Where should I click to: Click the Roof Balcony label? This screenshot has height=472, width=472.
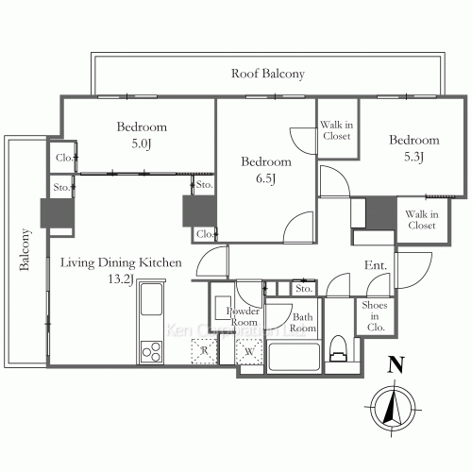[x=268, y=74]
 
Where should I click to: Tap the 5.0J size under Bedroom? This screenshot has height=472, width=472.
[x=142, y=144]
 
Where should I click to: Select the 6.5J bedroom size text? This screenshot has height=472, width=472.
[x=266, y=178]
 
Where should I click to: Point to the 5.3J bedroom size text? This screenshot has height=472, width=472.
[x=413, y=157]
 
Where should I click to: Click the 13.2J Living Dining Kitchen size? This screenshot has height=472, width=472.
[x=121, y=278]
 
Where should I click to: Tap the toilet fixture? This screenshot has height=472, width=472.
[x=338, y=348]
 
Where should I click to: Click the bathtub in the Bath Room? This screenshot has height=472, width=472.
[x=294, y=358]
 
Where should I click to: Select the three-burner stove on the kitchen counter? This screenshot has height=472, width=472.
[x=151, y=352]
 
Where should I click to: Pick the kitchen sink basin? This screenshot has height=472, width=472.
[x=151, y=299]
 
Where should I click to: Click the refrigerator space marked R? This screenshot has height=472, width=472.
[x=204, y=351]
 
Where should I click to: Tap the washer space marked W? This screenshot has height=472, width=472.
[x=249, y=351]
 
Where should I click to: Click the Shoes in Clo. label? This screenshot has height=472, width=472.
[x=375, y=316]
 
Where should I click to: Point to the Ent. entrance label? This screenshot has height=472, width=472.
[x=376, y=265]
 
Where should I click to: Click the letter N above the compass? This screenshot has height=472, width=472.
[x=396, y=365]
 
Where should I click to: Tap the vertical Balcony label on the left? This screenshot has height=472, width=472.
[x=25, y=250]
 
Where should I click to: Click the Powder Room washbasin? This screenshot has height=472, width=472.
[x=223, y=308]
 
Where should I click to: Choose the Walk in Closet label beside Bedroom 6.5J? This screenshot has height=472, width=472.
[x=337, y=130]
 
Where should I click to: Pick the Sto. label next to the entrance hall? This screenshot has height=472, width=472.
[x=304, y=289]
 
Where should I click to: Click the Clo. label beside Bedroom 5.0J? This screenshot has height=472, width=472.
[x=64, y=158]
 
